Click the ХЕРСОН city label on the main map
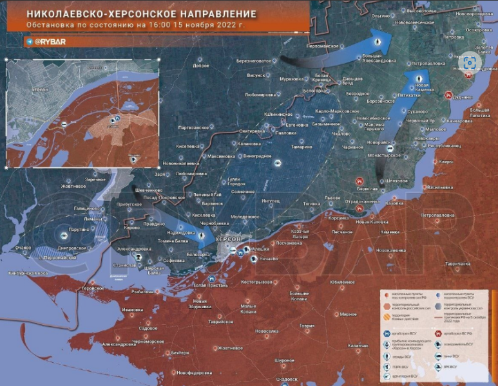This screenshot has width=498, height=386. coord(229,239)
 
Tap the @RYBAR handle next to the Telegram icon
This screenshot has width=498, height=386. coord(51,40)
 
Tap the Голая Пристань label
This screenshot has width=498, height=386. coord(210,285)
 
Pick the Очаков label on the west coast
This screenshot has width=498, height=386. coord(23,247)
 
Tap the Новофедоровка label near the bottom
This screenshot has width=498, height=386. coord(195,373)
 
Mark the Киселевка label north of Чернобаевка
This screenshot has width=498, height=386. coord(204,215)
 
